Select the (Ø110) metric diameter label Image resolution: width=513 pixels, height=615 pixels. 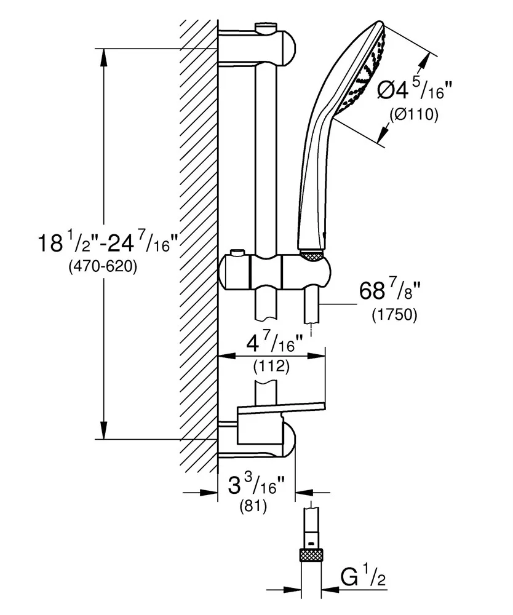click(x=413, y=115)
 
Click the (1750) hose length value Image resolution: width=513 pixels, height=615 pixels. click(x=394, y=315)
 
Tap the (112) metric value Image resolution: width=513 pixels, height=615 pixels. click(x=271, y=367)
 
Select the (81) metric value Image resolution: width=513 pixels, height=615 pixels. click(x=257, y=509)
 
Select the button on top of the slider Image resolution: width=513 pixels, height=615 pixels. click(x=237, y=253)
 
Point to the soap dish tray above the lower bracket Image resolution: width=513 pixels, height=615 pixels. click(x=280, y=408)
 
